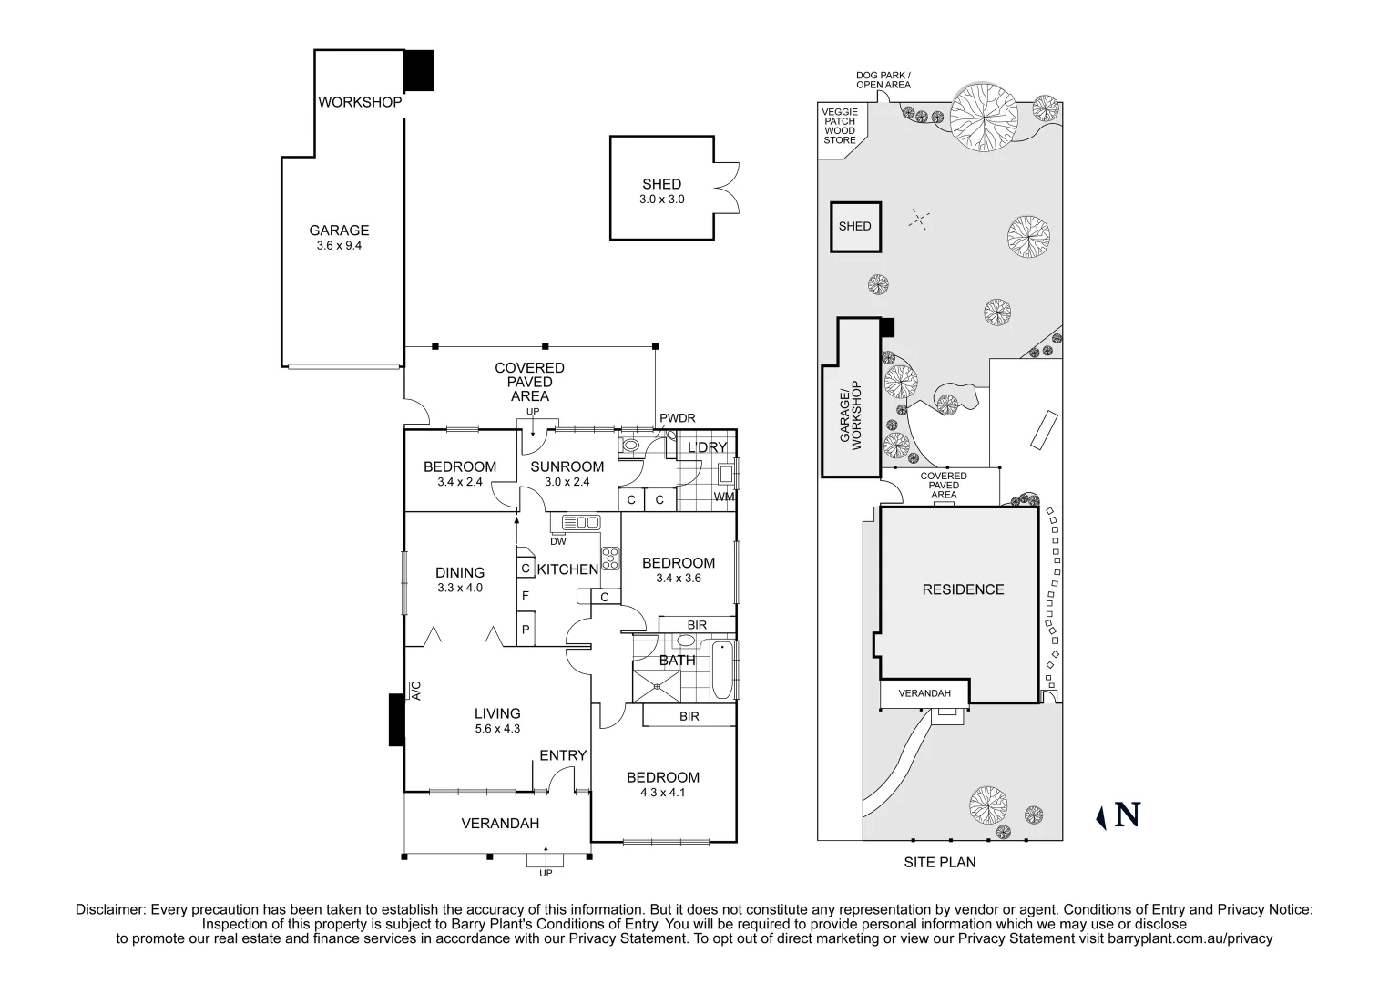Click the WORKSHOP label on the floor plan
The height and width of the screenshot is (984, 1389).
pos(360,102)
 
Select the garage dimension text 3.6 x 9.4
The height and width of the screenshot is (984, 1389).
pos(339,245)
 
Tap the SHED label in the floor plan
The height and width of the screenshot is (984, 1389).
pos(661,184)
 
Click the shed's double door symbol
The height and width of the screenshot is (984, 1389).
pos(725,187)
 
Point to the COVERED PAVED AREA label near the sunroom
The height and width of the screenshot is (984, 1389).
pos(529,382)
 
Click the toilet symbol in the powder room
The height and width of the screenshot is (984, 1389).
pos(629,446)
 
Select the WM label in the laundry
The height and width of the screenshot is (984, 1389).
pos(724,497)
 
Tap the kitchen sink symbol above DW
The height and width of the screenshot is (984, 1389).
pos(581,522)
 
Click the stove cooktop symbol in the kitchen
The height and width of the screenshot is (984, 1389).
pos(610,557)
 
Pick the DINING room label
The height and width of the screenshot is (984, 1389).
pos(460,572)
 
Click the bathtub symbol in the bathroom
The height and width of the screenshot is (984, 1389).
pos(721,671)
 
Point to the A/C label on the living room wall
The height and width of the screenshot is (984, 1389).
pos(415,691)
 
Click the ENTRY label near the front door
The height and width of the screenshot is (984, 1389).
pos(563,755)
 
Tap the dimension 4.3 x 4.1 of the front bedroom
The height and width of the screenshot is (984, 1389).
pos(662,792)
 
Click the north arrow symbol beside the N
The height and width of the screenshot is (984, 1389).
pos(1100,816)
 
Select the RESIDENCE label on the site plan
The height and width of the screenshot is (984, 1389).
pos(963,589)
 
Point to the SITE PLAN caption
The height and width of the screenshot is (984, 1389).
pos(939,862)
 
